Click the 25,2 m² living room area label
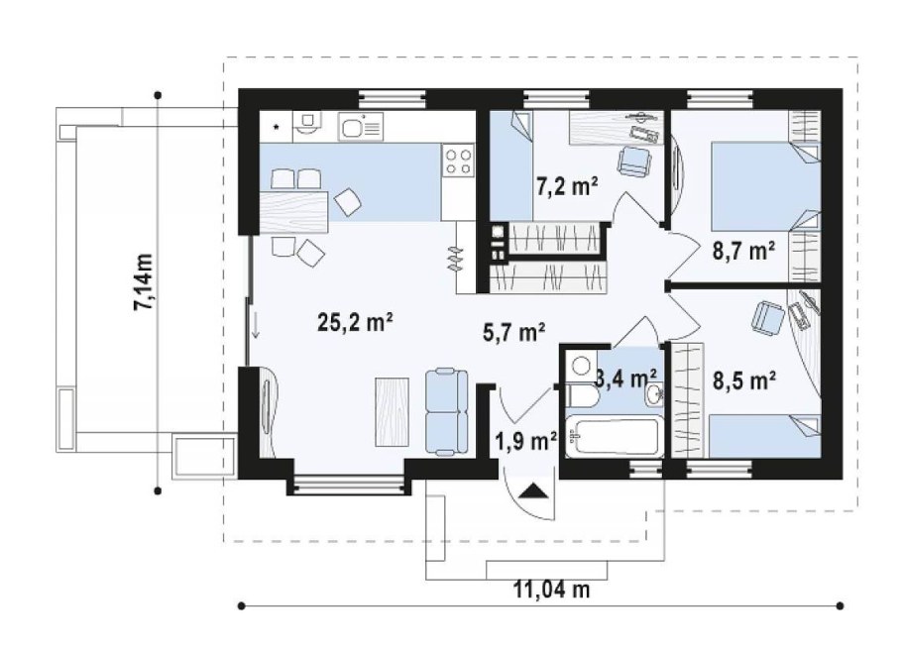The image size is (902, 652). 355,323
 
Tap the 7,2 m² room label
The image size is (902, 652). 567,187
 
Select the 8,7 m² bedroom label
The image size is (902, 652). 743,251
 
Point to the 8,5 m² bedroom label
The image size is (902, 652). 744,380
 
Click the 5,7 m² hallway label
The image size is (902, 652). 513,332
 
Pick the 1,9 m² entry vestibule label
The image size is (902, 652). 525,442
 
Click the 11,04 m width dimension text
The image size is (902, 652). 551,590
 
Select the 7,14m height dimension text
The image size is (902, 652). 144,282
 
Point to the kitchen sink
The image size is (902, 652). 361,125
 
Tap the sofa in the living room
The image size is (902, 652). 447,413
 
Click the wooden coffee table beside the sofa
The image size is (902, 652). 393,411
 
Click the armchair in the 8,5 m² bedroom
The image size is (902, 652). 767,317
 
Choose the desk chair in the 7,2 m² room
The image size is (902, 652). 634,161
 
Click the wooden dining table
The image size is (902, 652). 293,213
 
